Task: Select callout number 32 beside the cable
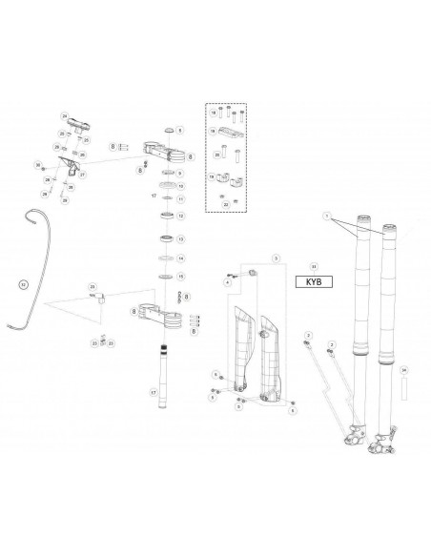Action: click(x=24, y=283)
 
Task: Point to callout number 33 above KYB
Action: click(x=314, y=266)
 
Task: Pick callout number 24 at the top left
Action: click(x=65, y=115)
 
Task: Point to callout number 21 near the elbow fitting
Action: click(x=92, y=286)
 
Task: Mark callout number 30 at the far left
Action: click(x=38, y=166)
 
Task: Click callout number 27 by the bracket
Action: click(x=82, y=175)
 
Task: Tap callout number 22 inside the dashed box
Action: click(x=223, y=203)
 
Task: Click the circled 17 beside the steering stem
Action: click(x=154, y=391)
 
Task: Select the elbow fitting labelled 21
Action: click(x=98, y=298)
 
